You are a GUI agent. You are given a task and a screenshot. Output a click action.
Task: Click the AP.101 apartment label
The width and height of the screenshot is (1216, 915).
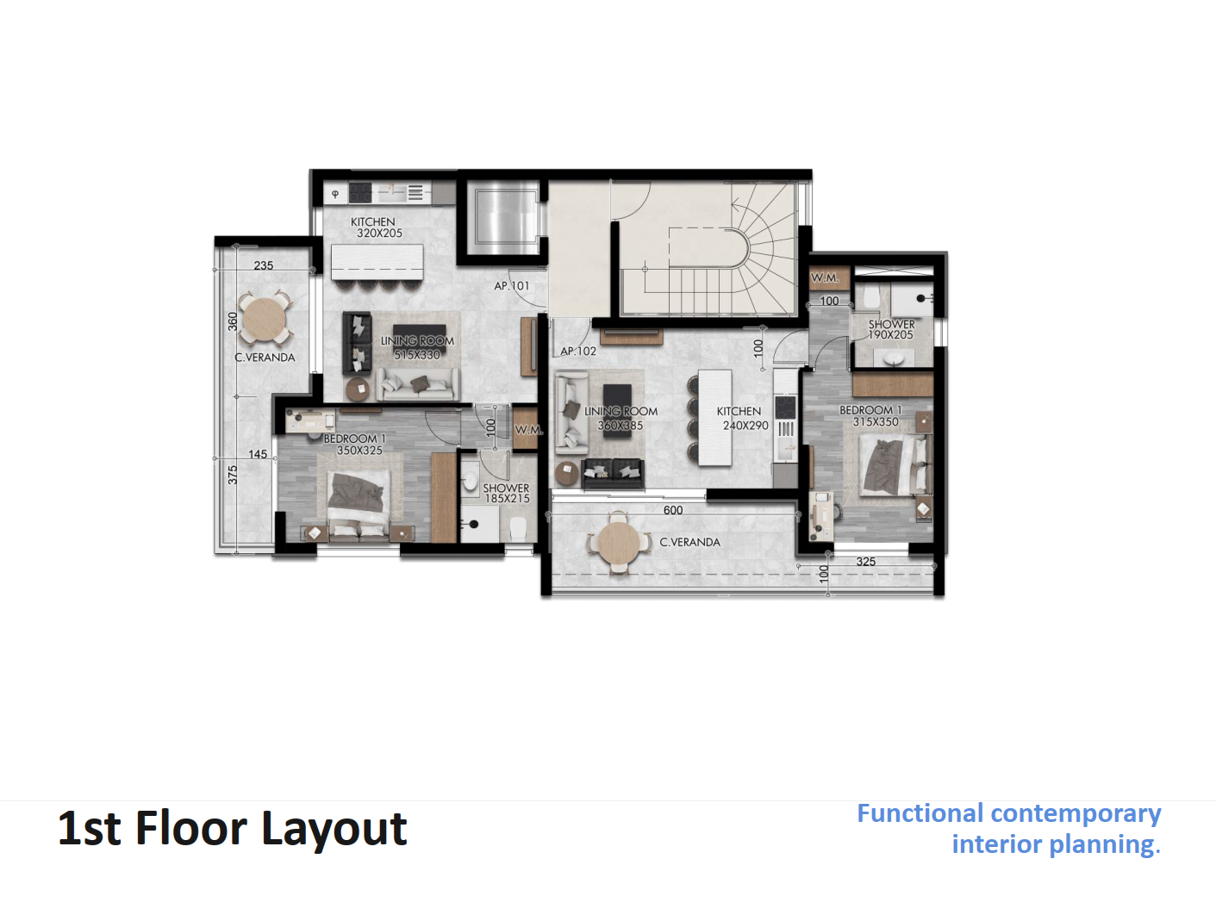tap(511, 286)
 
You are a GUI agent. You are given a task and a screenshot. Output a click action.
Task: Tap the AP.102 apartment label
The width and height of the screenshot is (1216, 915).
tap(577, 352)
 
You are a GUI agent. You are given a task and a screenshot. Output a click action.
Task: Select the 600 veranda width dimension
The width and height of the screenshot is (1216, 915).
tap(673, 510)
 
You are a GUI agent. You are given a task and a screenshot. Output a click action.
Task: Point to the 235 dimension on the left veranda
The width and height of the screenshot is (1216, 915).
tap(264, 265)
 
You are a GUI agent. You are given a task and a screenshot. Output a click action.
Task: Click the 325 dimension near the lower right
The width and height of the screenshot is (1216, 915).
tap(866, 562)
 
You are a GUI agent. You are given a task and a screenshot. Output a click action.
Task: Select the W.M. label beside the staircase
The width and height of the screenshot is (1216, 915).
tap(825, 278)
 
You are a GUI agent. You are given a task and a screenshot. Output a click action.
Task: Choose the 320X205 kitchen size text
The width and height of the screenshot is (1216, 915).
tap(379, 233)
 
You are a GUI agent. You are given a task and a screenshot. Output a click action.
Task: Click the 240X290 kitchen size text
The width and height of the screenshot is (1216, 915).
tap(745, 426)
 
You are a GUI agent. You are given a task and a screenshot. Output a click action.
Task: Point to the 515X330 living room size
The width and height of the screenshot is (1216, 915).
tap(416, 354)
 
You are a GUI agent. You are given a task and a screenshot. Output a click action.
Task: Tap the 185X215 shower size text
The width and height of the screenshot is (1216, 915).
tap(508, 499)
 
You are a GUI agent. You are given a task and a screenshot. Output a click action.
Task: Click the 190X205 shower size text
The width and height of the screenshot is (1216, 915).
tap(890, 335)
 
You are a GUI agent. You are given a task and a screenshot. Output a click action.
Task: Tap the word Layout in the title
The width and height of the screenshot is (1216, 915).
tap(334, 829)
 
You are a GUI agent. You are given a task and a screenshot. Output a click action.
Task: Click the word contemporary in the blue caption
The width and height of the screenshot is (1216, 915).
tap(1076, 814)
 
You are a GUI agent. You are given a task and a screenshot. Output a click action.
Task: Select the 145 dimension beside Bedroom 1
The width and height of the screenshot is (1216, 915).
tap(258, 454)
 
